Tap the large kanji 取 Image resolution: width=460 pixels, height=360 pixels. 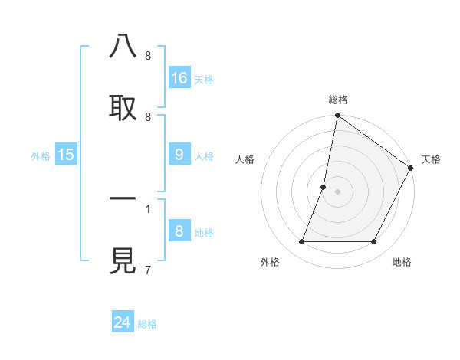(x=123, y=108)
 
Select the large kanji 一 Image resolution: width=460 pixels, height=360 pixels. (x=123, y=199)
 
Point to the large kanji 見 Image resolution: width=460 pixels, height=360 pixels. (x=123, y=262)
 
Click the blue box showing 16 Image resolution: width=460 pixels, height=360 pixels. (x=179, y=77)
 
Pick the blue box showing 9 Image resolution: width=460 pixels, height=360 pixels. (x=179, y=155)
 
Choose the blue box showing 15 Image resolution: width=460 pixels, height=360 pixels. (x=66, y=155)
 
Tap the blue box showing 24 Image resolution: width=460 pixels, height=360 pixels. (x=123, y=322)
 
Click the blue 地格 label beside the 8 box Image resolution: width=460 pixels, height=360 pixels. (x=204, y=233)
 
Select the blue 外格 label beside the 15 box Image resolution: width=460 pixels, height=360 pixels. (x=41, y=156)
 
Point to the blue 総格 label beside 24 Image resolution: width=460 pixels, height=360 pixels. (x=147, y=324)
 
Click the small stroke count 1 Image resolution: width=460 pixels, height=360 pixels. (x=147, y=208)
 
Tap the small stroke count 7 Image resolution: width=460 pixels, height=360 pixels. (x=147, y=270)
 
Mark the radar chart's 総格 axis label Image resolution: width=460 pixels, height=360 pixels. (x=337, y=100)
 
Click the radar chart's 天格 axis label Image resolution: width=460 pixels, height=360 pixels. (x=431, y=159)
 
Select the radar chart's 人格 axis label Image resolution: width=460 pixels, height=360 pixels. (x=245, y=159)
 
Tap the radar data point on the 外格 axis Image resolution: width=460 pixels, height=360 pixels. (x=301, y=241)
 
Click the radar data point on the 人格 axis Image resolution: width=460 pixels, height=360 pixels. (x=324, y=187)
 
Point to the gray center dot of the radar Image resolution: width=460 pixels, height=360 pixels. (x=337, y=191)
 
